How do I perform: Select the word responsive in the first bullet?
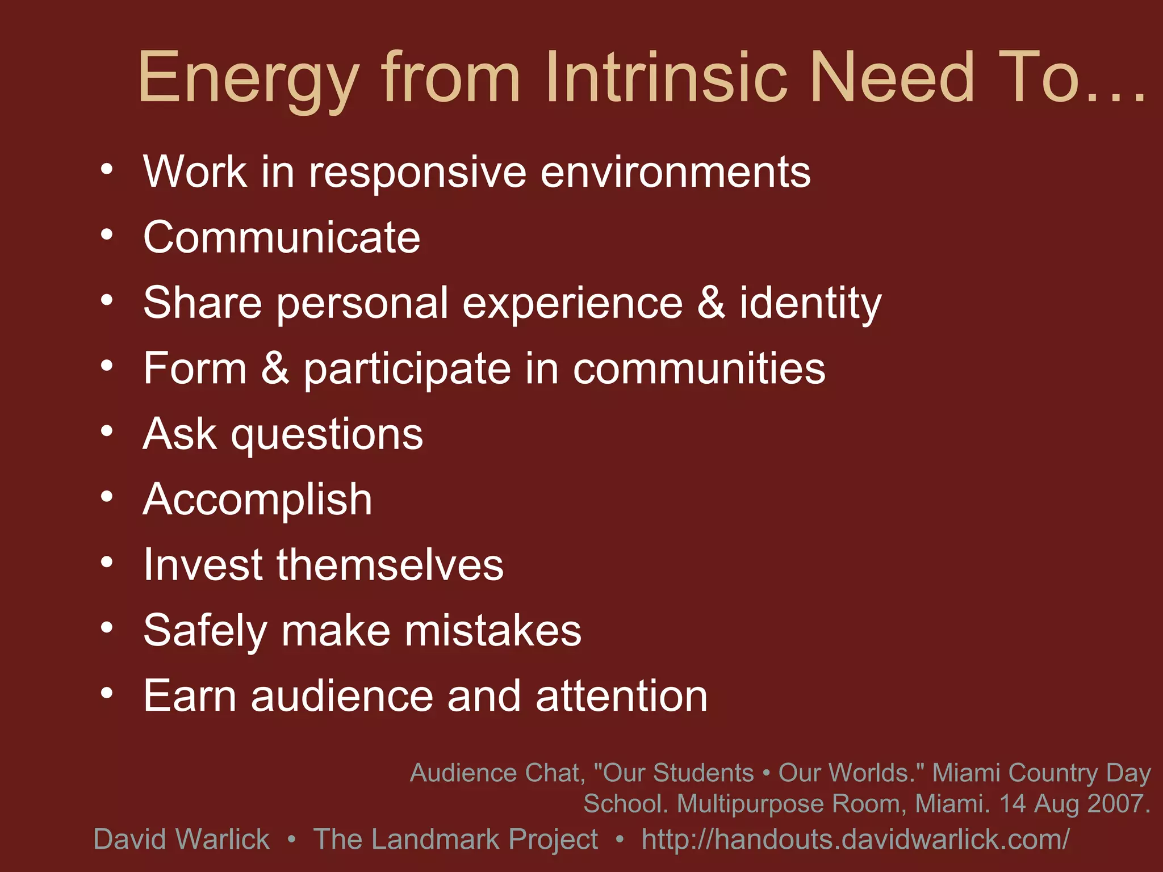(x=417, y=173)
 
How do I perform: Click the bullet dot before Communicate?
(x=107, y=235)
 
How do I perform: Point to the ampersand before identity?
(x=711, y=302)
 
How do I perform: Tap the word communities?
(x=698, y=369)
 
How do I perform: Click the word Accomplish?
(x=257, y=500)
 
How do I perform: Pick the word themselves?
(x=390, y=565)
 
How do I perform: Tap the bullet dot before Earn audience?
(x=107, y=693)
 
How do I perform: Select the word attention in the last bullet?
(x=621, y=696)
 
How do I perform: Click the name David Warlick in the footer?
(x=181, y=839)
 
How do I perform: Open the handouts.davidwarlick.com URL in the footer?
(x=855, y=839)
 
